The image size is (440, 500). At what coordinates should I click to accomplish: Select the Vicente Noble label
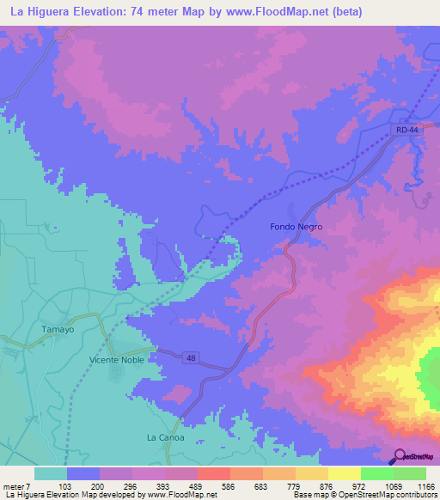[x=117, y=360]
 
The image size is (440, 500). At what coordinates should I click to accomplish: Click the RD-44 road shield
[x=407, y=130]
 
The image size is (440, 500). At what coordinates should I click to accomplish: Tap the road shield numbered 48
[x=188, y=357]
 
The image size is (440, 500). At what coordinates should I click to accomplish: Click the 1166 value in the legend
[x=424, y=485]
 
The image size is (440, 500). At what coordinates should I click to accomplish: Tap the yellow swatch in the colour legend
[x=344, y=473]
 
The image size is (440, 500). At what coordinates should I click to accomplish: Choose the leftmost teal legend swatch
[x=50, y=473]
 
